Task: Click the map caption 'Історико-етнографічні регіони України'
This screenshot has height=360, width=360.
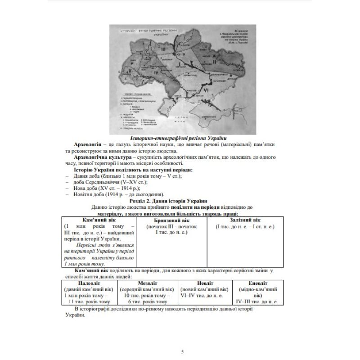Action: [x=178, y=138]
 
